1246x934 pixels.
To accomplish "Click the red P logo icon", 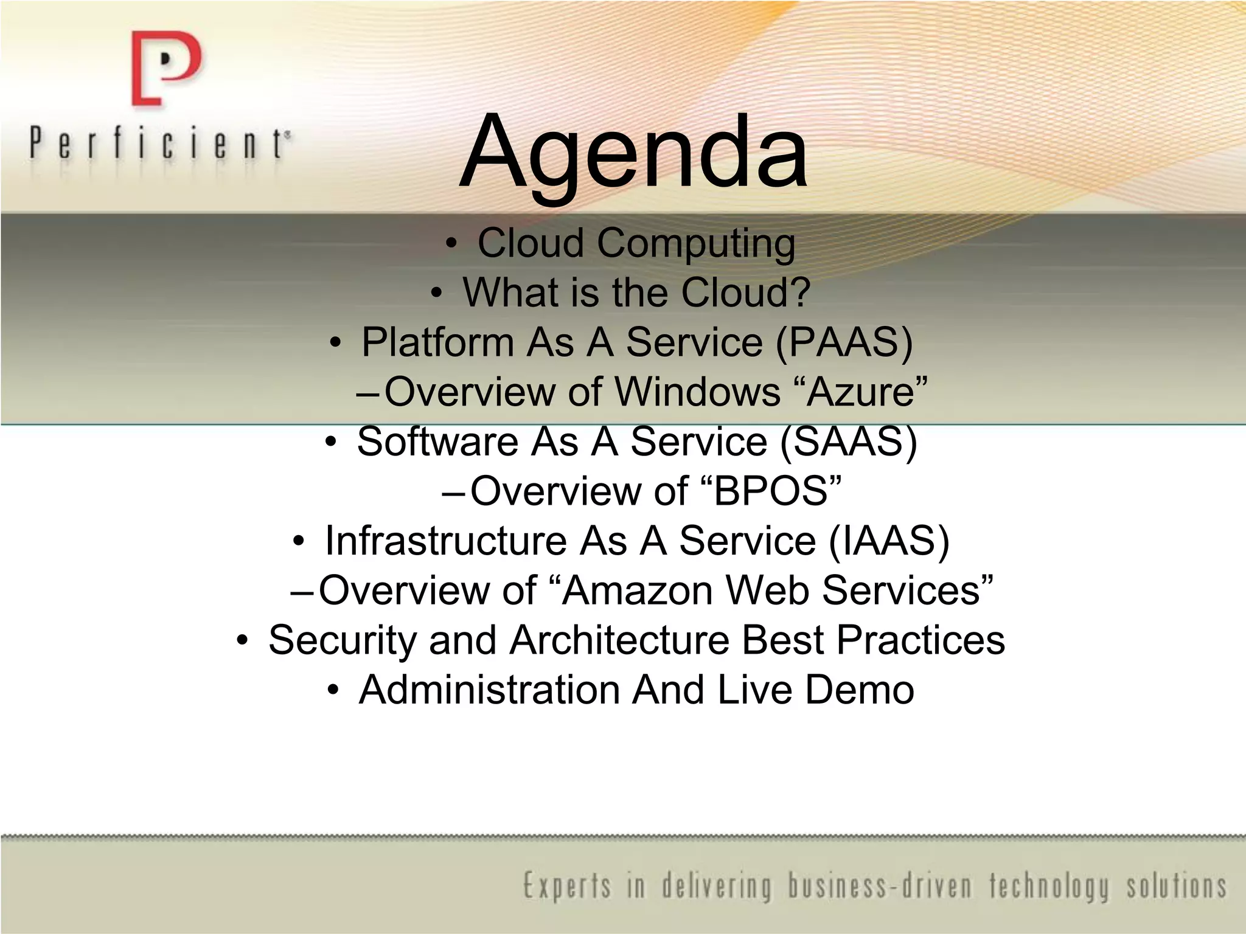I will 165,68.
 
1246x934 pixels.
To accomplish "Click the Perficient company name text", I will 159,144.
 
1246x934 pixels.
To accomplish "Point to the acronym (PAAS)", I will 844,342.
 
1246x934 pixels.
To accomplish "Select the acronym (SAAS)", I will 848,441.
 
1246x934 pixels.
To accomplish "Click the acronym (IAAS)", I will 889,541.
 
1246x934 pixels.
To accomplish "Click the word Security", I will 342,640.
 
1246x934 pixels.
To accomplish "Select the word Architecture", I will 619,640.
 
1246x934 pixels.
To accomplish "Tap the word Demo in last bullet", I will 860,690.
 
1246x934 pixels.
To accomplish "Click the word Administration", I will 489,690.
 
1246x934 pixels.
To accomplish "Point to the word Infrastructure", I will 445,541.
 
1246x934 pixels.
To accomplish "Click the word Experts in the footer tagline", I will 566,886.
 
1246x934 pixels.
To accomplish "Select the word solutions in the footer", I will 1176,886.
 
